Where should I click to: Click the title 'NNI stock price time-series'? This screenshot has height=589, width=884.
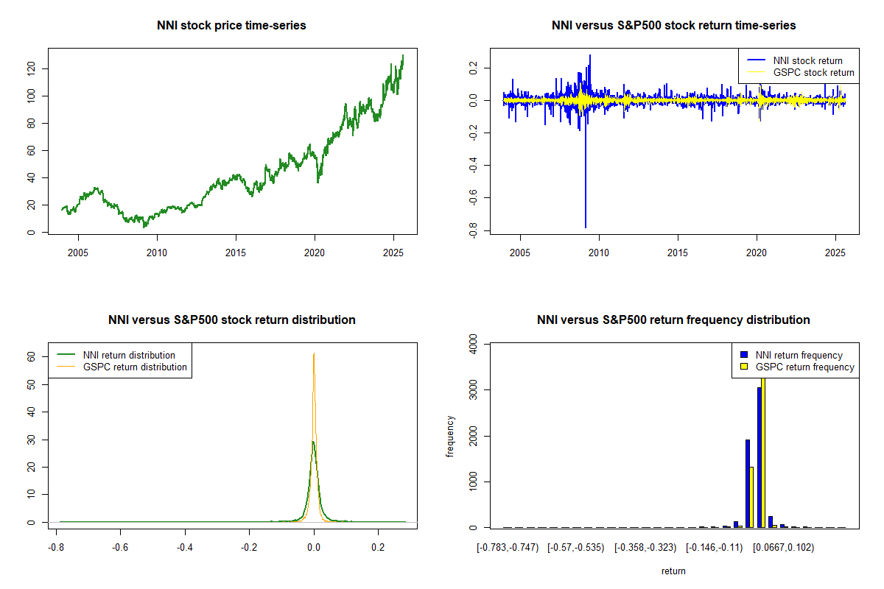click(231, 26)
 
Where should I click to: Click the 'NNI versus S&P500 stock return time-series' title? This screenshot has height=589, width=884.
click(673, 26)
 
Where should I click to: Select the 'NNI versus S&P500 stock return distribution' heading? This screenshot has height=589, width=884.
click(231, 320)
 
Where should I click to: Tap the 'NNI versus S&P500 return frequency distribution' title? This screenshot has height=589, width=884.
click(673, 320)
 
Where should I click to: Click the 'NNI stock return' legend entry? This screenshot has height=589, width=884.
click(807, 61)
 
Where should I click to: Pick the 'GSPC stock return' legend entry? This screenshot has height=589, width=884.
click(813, 73)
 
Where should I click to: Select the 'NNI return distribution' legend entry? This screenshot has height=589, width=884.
click(129, 356)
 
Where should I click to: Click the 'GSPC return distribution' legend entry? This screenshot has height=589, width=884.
click(135, 367)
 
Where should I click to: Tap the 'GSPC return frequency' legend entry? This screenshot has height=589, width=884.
click(805, 367)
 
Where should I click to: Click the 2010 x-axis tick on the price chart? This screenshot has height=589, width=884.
click(157, 253)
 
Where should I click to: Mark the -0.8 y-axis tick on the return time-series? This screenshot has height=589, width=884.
click(472, 232)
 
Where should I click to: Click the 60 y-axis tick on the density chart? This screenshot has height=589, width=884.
click(32, 356)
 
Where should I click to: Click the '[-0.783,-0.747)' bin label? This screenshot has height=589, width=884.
click(508, 548)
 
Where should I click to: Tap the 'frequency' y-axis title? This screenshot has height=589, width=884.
click(450, 436)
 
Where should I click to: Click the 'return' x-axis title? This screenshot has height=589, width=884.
click(673, 571)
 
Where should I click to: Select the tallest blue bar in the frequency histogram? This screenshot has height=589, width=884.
click(759, 456)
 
